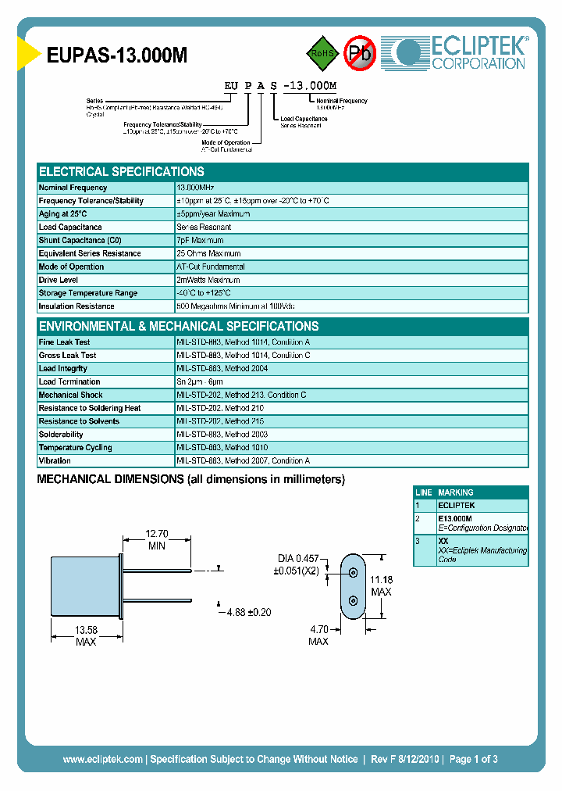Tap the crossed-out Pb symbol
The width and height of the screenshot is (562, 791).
coord(360,53)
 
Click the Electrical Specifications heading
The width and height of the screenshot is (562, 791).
coord(122,172)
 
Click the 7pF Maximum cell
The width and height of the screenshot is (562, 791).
coord(200,240)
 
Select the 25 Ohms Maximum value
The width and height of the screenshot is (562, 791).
coord(208,253)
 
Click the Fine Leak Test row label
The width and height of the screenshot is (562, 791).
coord(64,342)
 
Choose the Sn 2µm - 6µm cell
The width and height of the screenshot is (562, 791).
coord(202,381)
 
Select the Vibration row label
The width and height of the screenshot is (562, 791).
coord(55,461)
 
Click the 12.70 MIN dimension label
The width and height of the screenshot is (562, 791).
coord(157,539)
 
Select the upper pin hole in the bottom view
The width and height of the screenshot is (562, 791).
coord(354,572)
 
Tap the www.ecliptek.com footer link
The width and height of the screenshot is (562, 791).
coord(102,759)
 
